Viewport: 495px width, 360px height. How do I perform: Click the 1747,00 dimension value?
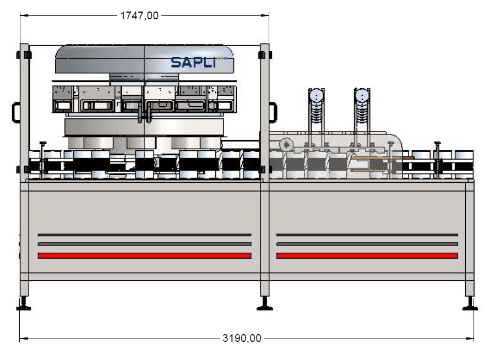point(139,16)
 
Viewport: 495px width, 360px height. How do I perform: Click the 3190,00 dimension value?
point(242,338)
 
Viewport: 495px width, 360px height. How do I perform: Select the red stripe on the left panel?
point(144,256)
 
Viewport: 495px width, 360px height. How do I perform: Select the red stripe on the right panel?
point(367,256)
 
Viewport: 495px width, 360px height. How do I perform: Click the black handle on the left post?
point(15,112)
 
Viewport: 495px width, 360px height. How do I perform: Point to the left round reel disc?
point(316,96)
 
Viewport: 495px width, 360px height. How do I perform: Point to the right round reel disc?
point(361,96)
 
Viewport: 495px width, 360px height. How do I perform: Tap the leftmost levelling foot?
point(24,304)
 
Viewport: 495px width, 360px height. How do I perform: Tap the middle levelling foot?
point(265,304)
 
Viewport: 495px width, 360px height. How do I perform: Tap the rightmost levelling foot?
point(470,304)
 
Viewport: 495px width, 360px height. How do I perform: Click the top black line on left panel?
point(144,235)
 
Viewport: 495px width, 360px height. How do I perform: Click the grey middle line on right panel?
point(367,244)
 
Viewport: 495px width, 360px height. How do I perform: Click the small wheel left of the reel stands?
point(285,145)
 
